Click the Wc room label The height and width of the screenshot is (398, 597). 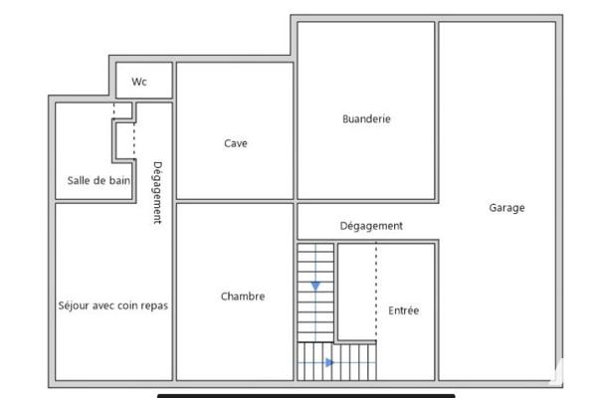pyautogui.click(x=139, y=82)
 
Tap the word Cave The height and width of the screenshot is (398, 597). pyautogui.click(x=236, y=143)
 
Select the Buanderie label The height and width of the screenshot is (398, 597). pyautogui.click(x=366, y=118)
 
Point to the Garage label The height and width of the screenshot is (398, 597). pyautogui.click(x=506, y=208)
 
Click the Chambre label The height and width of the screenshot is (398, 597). pyautogui.click(x=243, y=297)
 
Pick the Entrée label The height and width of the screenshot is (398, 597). pyautogui.click(x=404, y=310)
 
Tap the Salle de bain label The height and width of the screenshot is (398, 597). pyautogui.click(x=99, y=180)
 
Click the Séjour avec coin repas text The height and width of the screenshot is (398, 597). pyautogui.click(x=113, y=305)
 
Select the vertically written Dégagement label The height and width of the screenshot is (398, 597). pyautogui.click(x=157, y=193)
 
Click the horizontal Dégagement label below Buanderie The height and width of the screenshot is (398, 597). pyautogui.click(x=371, y=226)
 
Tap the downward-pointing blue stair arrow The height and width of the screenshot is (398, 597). pyautogui.click(x=315, y=286)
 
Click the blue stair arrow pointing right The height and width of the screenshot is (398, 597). pyautogui.click(x=329, y=362)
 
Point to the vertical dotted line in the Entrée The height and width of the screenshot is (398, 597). pyautogui.click(x=376, y=291)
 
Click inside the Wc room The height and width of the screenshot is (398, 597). pyautogui.click(x=144, y=81)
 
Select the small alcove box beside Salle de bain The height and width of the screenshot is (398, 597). pyautogui.click(x=125, y=140)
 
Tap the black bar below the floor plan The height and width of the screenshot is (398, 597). pyautogui.click(x=306, y=396)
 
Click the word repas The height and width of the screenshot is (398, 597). pyautogui.click(x=154, y=306)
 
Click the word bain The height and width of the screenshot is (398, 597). pyautogui.click(x=120, y=180)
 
